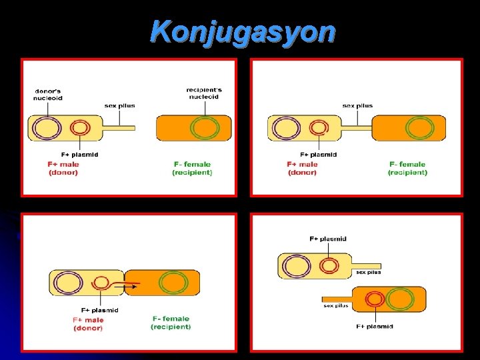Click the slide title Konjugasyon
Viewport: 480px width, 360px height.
pos(243,31)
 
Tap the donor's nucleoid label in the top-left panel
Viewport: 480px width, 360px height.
pos(48,94)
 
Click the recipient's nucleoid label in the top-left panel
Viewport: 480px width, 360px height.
pos(204,93)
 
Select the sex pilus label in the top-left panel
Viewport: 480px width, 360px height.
pos(119,105)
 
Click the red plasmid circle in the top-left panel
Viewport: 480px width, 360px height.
pos(80,127)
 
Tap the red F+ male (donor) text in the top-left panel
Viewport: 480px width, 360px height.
pos(63,168)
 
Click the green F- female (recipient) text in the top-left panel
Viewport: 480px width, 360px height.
pos(192,168)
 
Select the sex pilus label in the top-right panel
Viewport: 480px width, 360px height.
pos(357,105)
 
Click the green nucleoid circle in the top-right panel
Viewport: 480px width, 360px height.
pos(419,127)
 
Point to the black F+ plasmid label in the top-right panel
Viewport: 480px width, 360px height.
pos(318,155)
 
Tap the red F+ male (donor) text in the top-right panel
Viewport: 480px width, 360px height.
pos(303,168)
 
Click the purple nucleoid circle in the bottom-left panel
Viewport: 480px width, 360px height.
pos(69,283)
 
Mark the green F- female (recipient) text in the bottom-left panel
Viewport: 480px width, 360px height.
pos(171,323)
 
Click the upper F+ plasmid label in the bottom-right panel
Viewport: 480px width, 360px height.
pos(328,239)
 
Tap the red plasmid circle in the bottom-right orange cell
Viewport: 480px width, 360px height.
pos(375,298)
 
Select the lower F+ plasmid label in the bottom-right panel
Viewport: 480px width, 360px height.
pos(374,327)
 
